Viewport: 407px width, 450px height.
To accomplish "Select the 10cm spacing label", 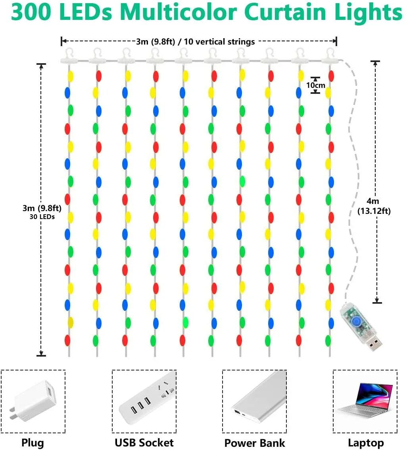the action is click(x=315, y=85).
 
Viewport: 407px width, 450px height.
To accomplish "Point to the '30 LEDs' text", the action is click(x=42, y=217).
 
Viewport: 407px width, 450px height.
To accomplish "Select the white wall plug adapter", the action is click(x=33, y=402).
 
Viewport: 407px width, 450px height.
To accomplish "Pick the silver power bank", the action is click(x=254, y=402).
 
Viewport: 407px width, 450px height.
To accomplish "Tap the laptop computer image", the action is click(x=365, y=402).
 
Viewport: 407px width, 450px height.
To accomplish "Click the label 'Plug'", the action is click(x=33, y=442).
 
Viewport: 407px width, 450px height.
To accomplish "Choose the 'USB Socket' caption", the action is click(x=144, y=442).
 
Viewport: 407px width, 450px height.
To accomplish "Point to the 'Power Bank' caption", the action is click(x=254, y=443).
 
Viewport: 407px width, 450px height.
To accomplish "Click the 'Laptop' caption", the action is click(x=365, y=442).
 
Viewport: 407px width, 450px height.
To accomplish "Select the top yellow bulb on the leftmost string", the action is click(x=71, y=76).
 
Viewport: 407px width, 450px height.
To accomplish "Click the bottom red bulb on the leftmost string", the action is click(x=67, y=340).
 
